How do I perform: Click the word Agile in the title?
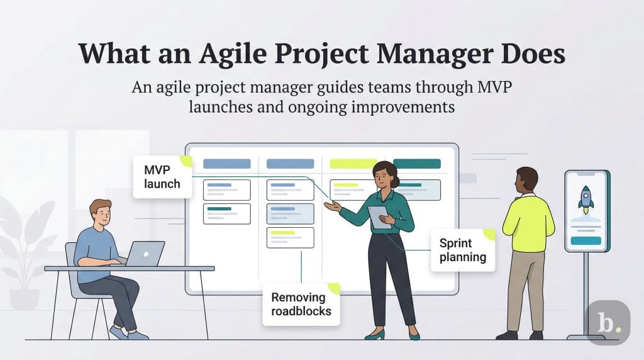click(230, 53)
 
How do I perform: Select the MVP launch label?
click(162, 177)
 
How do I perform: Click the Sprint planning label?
click(462, 249)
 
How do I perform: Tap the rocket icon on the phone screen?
click(586, 198)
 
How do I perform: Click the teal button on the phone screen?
click(586, 240)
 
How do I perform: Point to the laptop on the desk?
click(145, 254)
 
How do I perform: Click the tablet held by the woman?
click(379, 216)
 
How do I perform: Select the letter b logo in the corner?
click(608, 322)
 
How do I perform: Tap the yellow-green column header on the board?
click(353, 164)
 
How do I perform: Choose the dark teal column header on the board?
click(416, 164)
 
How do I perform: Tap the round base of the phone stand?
click(586, 336)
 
